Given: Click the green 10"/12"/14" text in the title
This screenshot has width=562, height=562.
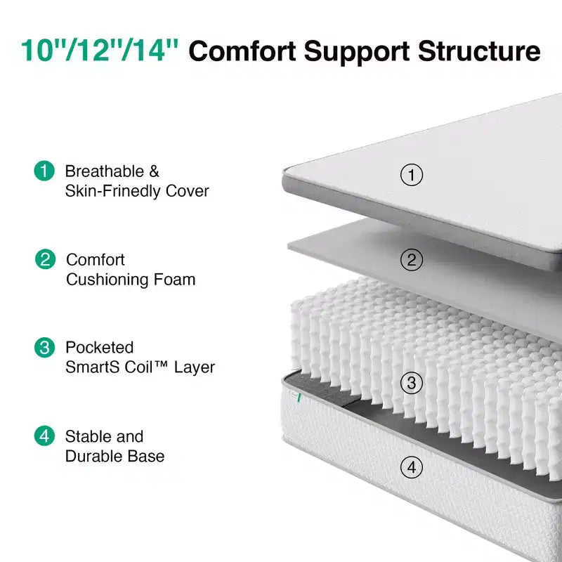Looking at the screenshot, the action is pyautogui.click(x=100, y=50).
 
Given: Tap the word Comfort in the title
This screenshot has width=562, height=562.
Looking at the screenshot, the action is pyautogui.click(x=242, y=51).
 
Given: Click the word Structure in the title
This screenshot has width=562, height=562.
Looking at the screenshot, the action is pyautogui.click(x=479, y=51).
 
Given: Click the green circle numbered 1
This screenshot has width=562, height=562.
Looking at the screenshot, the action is pyautogui.click(x=44, y=171).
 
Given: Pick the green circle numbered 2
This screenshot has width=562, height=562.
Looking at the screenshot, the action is pyautogui.click(x=45, y=259).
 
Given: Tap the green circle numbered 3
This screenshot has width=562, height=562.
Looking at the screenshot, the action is pyautogui.click(x=44, y=347).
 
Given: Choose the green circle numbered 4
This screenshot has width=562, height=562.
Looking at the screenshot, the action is pyautogui.click(x=44, y=436).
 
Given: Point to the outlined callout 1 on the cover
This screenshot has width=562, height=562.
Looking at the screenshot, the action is pyautogui.click(x=412, y=175).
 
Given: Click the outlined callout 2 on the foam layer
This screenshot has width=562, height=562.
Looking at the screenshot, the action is pyautogui.click(x=412, y=260).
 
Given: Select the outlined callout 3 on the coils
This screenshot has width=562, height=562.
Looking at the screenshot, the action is pyautogui.click(x=412, y=383).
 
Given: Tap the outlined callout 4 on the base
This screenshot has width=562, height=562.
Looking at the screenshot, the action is pyautogui.click(x=412, y=467).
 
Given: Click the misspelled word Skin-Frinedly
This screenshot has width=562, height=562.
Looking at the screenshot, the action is pyautogui.click(x=112, y=191).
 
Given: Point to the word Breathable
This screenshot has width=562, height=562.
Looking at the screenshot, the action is pyautogui.click(x=104, y=171).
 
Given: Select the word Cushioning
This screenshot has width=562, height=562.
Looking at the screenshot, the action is pyautogui.click(x=107, y=280).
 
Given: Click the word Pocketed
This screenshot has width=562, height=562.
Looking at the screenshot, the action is pyautogui.click(x=99, y=347).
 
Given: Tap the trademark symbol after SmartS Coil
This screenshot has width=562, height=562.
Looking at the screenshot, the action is pyautogui.click(x=162, y=364).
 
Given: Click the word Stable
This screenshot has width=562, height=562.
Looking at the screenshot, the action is pyautogui.click(x=85, y=436).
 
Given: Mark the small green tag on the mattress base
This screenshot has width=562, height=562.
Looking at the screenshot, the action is pyautogui.click(x=299, y=398).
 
